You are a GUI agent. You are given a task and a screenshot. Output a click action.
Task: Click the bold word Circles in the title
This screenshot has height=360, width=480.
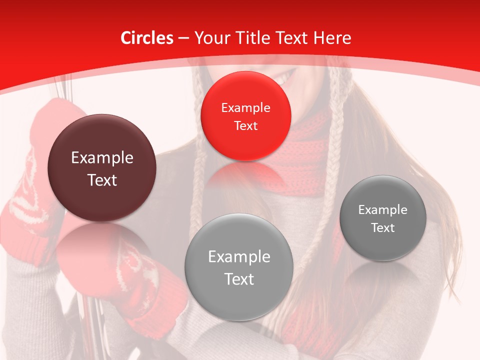pyautogui.click(x=147, y=38)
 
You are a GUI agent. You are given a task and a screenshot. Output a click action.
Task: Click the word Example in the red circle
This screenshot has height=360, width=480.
pyautogui.click(x=245, y=108)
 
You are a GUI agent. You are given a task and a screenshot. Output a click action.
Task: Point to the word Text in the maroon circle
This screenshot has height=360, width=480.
pyautogui.click(x=102, y=180)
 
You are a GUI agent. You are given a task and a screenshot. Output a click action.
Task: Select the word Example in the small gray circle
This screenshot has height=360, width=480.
pyautogui.click(x=382, y=210)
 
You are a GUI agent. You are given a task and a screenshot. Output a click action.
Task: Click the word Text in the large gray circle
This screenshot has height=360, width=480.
pyautogui.click(x=239, y=279)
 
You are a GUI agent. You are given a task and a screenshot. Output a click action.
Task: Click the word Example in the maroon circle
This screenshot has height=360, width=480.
pyautogui.click(x=102, y=158)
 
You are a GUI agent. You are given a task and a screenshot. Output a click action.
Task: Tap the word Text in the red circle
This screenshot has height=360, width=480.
pyautogui.click(x=245, y=126)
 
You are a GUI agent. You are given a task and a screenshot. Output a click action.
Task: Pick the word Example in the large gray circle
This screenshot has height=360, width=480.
pyautogui.click(x=239, y=257)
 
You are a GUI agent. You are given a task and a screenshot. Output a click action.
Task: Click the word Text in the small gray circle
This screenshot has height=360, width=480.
pyautogui.click(x=382, y=228)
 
